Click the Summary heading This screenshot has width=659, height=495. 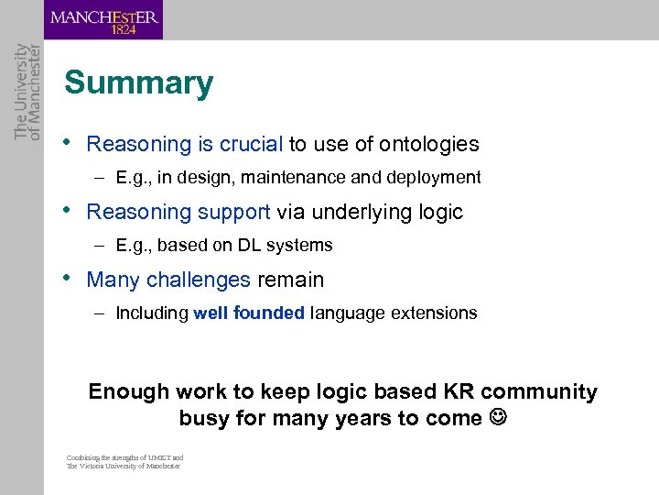coord(138,83)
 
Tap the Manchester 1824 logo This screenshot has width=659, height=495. coord(104,20)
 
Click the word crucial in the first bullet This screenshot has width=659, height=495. coord(250,144)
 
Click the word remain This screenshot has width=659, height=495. coord(290,280)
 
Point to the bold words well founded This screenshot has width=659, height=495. coord(249,313)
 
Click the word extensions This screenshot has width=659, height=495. coord(435,313)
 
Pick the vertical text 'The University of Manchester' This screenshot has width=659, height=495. coord(27,92)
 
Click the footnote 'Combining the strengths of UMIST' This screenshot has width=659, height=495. coord(124,457)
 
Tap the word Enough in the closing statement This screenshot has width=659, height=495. coord(129,392)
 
